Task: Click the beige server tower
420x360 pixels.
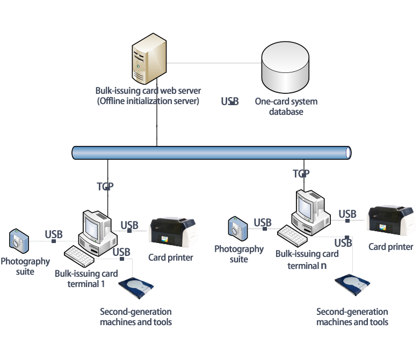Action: pos(149,58)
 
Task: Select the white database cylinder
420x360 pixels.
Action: pos(285,67)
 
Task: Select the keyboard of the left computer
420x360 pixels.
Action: pos(78,256)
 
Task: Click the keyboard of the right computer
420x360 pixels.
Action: pos(292,236)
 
